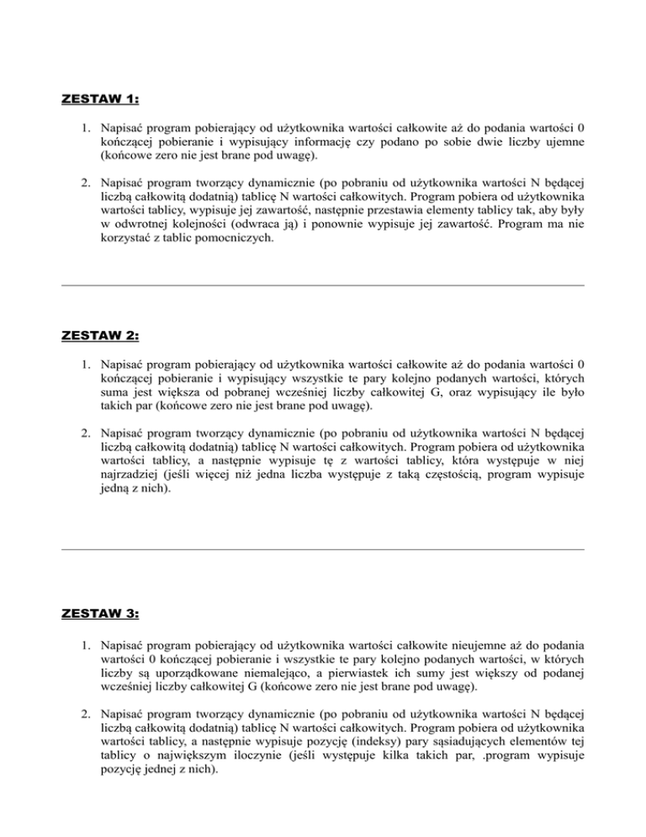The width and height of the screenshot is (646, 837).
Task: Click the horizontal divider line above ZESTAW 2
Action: pyautogui.click(x=323, y=285)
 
